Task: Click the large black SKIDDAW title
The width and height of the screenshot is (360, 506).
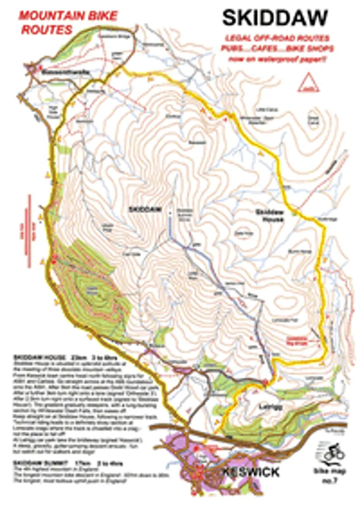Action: click(274, 18)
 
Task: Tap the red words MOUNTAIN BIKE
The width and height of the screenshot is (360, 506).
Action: click(67, 17)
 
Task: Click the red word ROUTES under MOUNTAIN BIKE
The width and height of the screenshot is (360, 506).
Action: click(47, 30)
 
